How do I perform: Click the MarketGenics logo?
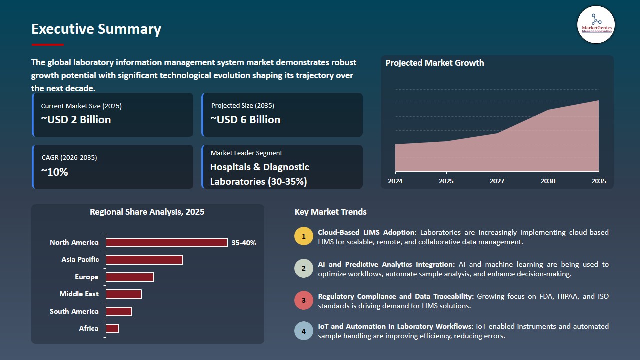click(596, 24)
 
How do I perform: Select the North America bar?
click(167, 243)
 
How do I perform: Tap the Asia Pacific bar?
click(144, 260)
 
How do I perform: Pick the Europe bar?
click(130, 277)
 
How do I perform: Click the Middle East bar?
click(124, 294)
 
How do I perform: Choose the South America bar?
click(119, 312)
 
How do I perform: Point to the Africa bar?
click(112, 328)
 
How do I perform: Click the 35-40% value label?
click(244, 243)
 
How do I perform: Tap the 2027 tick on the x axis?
click(497, 181)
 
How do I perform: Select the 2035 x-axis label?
click(598, 181)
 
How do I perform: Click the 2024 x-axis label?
click(395, 181)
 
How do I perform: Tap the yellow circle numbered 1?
click(303, 236)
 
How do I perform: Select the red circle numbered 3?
click(303, 300)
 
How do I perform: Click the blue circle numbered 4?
click(303, 331)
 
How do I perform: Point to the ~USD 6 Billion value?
click(245, 120)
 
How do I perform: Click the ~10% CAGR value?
click(55, 172)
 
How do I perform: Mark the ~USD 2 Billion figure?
click(76, 120)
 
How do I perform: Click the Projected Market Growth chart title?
click(434, 63)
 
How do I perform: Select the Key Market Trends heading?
click(331, 212)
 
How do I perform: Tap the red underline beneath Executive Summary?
click(48, 45)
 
